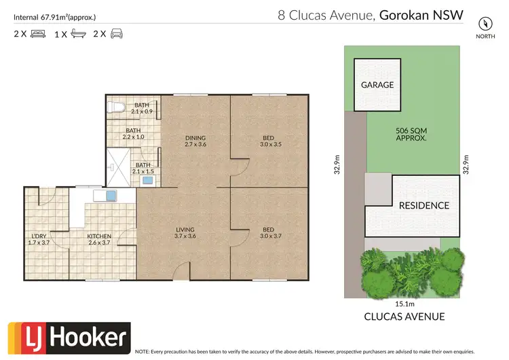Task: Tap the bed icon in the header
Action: (x=37, y=33)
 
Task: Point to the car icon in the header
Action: (x=117, y=33)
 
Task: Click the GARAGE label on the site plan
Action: (x=377, y=85)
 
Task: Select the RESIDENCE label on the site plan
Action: (x=423, y=205)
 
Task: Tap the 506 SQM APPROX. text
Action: (x=411, y=134)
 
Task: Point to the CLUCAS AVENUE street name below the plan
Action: (x=404, y=316)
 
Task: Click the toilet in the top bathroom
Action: (x=115, y=105)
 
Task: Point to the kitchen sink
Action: (x=108, y=196)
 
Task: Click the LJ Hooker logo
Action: (x=68, y=338)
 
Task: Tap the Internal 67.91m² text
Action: (x=54, y=15)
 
